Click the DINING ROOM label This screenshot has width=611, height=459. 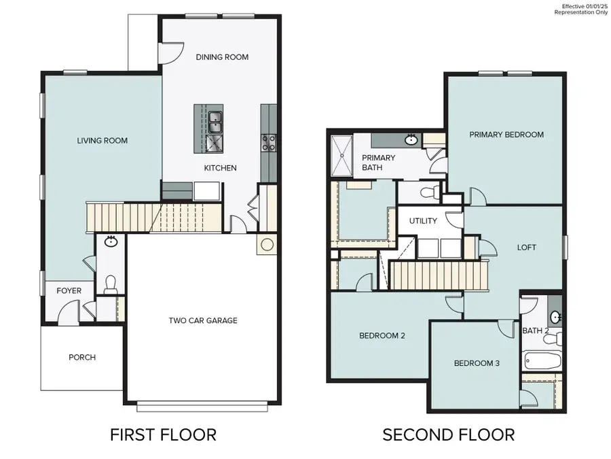click(x=222, y=57)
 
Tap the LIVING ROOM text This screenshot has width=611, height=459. click(x=102, y=141)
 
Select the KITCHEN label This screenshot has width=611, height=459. click(x=221, y=167)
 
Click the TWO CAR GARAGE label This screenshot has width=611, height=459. click(x=203, y=320)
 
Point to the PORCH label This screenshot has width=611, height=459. click(x=82, y=357)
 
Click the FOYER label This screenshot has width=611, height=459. click(x=69, y=291)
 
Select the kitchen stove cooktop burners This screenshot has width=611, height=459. click(x=269, y=142)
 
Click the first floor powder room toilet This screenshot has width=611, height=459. click(x=110, y=285)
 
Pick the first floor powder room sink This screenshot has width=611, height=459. click(x=110, y=241)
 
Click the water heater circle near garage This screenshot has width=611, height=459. click(x=267, y=244)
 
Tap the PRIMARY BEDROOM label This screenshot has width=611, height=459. click(x=506, y=135)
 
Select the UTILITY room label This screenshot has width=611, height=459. click(x=423, y=221)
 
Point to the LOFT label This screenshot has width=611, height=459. click(x=526, y=248)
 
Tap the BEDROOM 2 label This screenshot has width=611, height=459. click(x=382, y=335)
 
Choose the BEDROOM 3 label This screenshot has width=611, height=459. click(x=477, y=363)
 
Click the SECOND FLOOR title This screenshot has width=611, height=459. click(x=448, y=435)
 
